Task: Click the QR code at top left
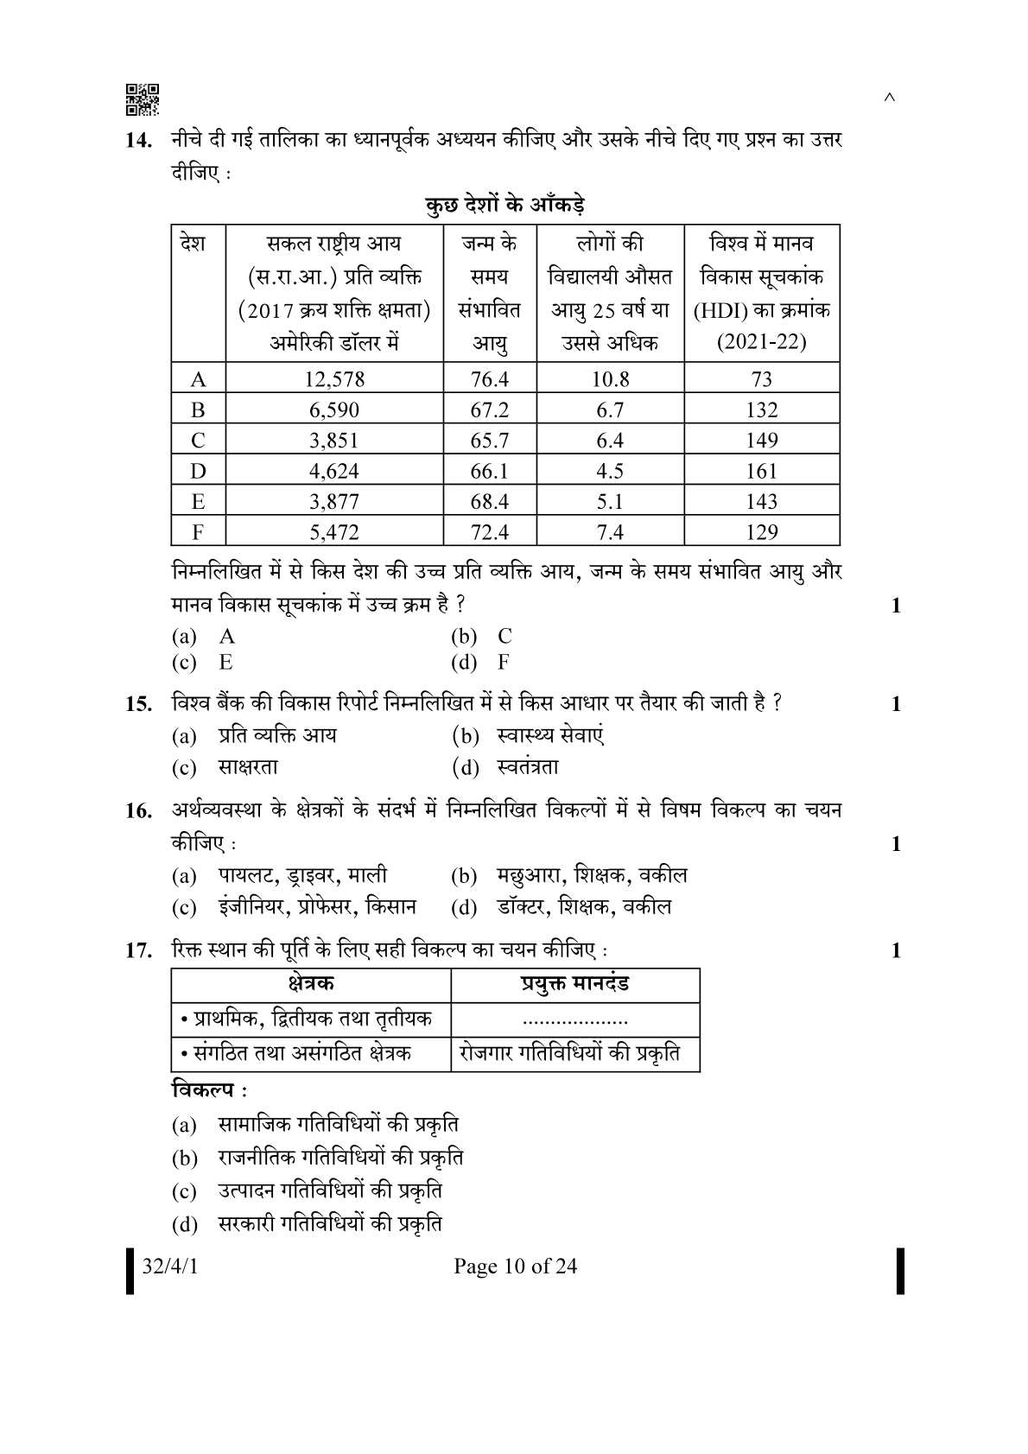pyautogui.click(x=143, y=100)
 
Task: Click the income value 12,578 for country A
pyautogui.click(x=334, y=379)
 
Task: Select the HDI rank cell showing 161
pyautogui.click(x=761, y=471)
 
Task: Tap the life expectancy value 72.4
pyautogui.click(x=489, y=532)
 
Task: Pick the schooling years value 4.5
pyautogui.click(x=610, y=471)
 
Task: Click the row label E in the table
pyautogui.click(x=198, y=502)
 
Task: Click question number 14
pyautogui.click(x=141, y=141)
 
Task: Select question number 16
pyautogui.click(x=139, y=811)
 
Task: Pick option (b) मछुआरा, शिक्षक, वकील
pyautogui.click(x=569, y=876)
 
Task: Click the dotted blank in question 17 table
pyautogui.click(x=575, y=1020)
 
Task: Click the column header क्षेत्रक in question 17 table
pyautogui.click(x=311, y=984)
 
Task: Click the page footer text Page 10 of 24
pyautogui.click(x=515, y=1267)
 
